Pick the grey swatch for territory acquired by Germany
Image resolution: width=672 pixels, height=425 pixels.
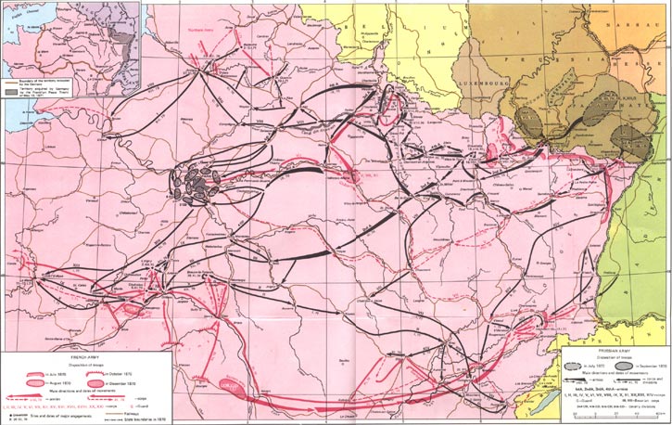pos(13,95)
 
